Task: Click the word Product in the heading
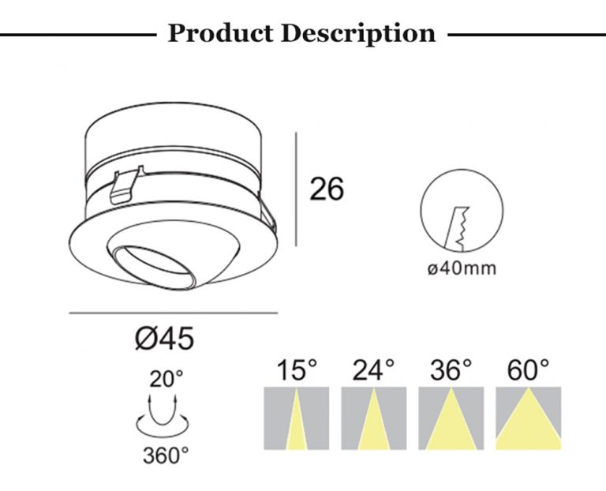(220, 33)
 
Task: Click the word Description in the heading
(358, 34)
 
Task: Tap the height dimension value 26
(327, 189)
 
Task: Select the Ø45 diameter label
(165, 339)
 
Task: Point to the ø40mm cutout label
(462, 268)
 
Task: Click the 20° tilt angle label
(166, 379)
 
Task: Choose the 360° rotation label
(166, 455)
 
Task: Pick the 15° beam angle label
(297, 370)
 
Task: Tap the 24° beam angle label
(373, 370)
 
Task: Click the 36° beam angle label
(451, 370)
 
